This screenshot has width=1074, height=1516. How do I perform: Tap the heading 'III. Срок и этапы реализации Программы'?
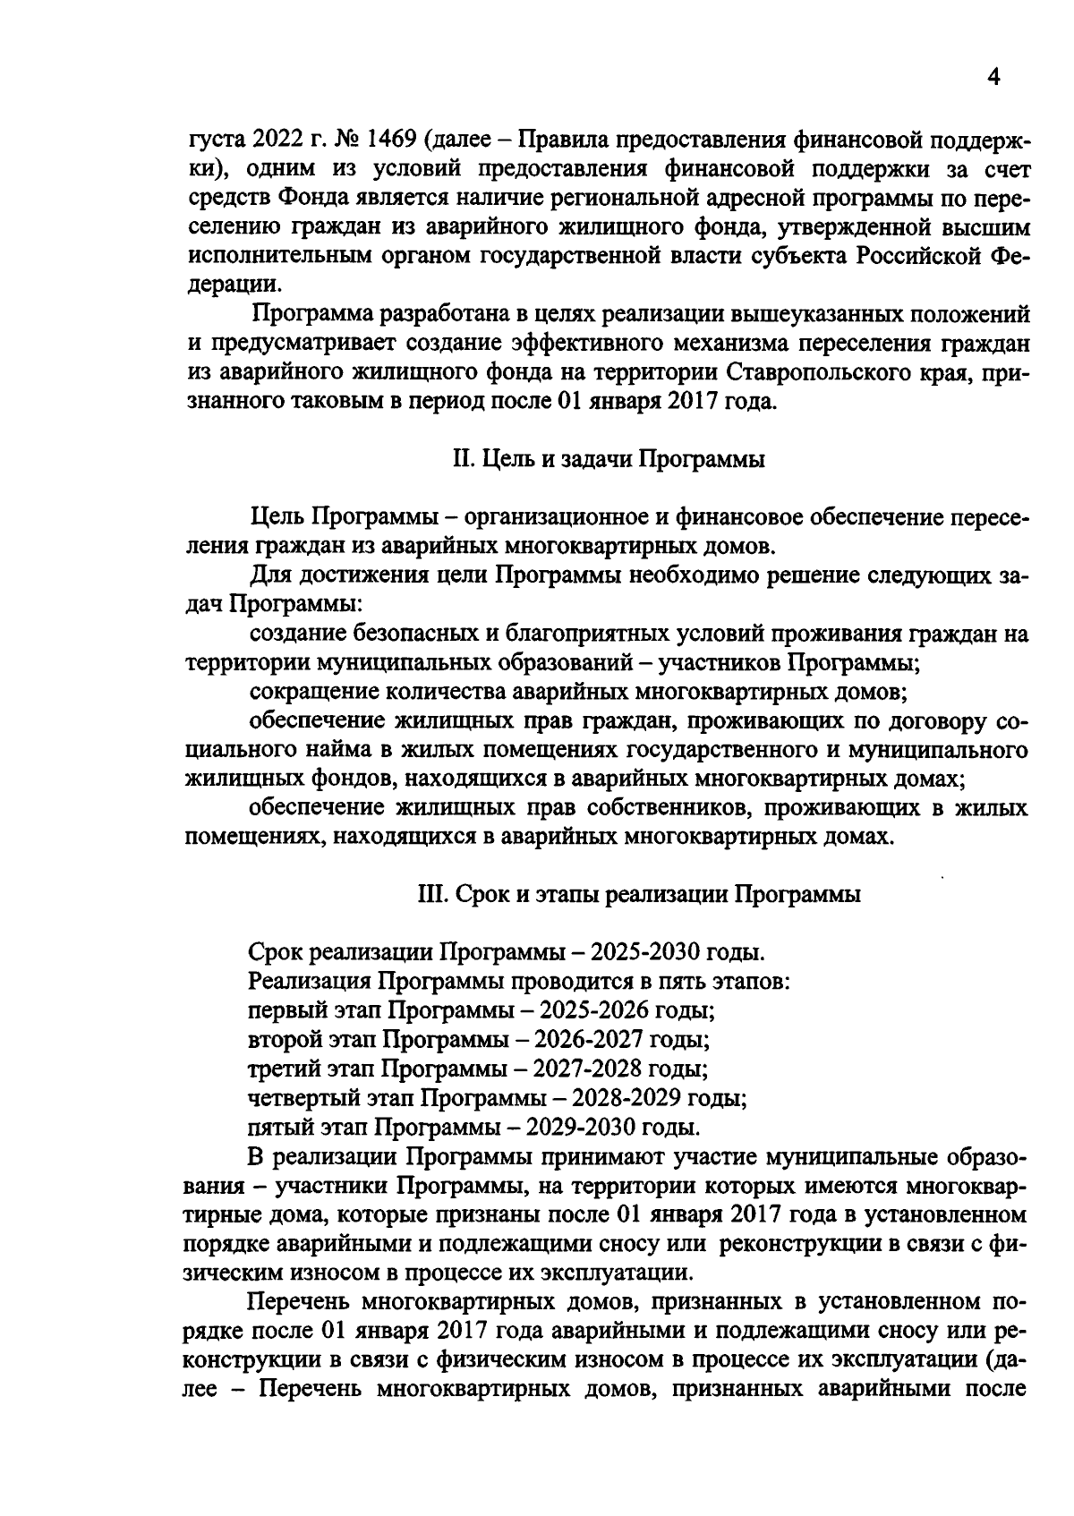(x=639, y=894)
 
